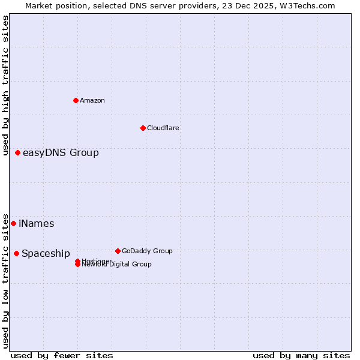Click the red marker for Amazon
pyautogui.click(x=76, y=100)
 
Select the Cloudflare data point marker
pyautogui.click(x=143, y=128)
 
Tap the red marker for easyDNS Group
pyautogui.click(x=18, y=152)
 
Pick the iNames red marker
pyautogui.click(x=13, y=223)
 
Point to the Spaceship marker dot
pyautogui.click(x=16, y=253)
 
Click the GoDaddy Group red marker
pyautogui.click(x=118, y=251)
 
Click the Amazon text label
pyautogui.click(x=92, y=100)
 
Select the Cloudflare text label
pyautogui.click(x=163, y=128)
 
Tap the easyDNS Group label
pyautogui.click(x=61, y=152)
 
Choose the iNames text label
pyautogui.click(x=37, y=224)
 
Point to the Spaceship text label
pyautogui.click(x=46, y=254)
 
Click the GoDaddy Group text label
pyautogui.click(x=147, y=251)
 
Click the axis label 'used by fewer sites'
pyautogui.click(x=62, y=355)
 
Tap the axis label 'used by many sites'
pyautogui.click(x=301, y=355)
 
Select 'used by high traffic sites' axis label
pyautogui.click(x=6, y=85)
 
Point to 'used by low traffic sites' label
pyautogui.click(x=6, y=281)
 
